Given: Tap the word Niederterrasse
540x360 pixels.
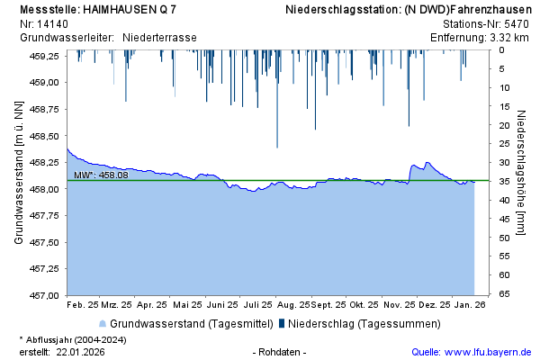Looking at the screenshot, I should [159, 38].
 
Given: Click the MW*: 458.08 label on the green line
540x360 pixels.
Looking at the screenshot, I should [101, 175].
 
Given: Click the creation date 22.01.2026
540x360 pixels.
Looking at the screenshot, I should [80, 352].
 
